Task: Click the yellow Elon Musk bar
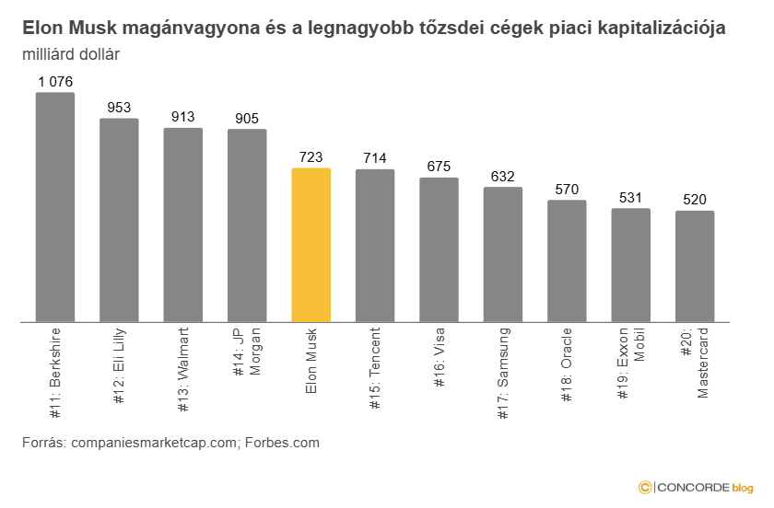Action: [x=311, y=245]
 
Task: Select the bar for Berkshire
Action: [x=55, y=207]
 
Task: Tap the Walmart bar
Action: [x=183, y=225]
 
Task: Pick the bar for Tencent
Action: [x=375, y=246]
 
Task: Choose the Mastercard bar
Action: [x=695, y=266]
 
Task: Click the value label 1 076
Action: [x=55, y=82]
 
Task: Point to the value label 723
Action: [x=311, y=158]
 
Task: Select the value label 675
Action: [x=439, y=167]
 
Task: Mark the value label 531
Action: [x=631, y=198]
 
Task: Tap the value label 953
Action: [x=119, y=108]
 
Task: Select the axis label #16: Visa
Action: [x=439, y=364]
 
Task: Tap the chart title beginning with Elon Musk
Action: [x=373, y=29]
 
